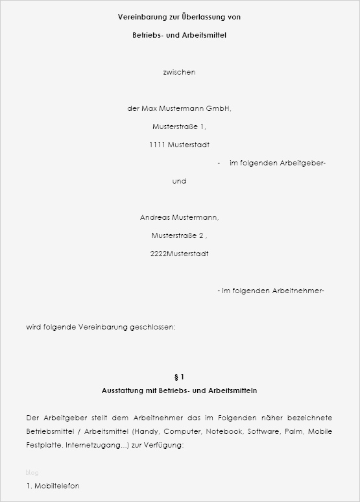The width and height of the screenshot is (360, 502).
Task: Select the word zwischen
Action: pyautogui.click(x=179, y=72)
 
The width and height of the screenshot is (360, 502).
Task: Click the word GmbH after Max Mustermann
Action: pyautogui.click(x=219, y=108)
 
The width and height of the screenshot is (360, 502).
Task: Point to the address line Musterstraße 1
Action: pyautogui.click(x=179, y=126)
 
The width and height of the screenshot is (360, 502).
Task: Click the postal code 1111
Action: pyautogui.click(x=157, y=145)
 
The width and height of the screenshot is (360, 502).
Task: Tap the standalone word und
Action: pyautogui.click(x=179, y=181)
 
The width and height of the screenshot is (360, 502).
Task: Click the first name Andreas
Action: pyautogui.click(x=155, y=217)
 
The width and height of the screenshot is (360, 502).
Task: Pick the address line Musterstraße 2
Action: pyautogui.click(x=179, y=235)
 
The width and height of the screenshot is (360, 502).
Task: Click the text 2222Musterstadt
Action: pyautogui.click(x=179, y=254)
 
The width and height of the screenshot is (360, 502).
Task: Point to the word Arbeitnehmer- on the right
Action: pyautogui.click(x=298, y=291)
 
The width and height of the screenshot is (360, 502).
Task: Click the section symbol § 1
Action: pyautogui.click(x=180, y=377)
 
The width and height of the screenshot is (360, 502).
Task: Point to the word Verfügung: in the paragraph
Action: pyautogui.click(x=163, y=446)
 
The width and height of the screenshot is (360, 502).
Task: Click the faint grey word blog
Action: pyautogui.click(x=32, y=473)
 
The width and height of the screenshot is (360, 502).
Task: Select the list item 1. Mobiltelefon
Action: pyautogui.click(x=53, y=486)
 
